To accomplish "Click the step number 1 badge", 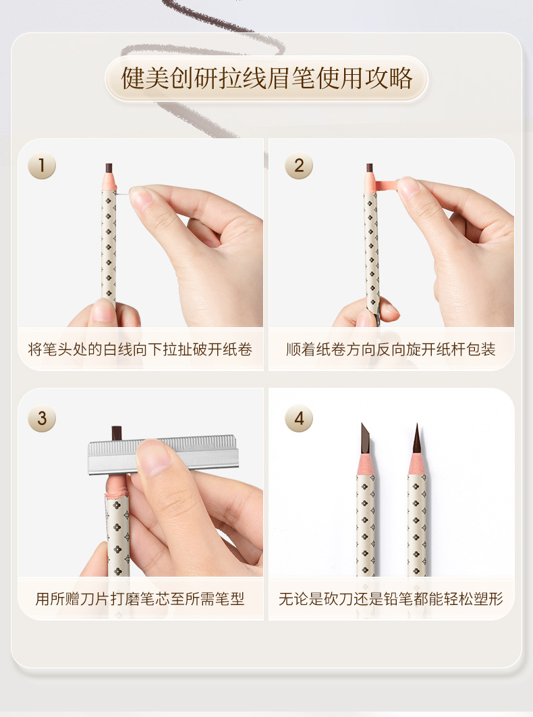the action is pyautogui.click(x=42, y=165).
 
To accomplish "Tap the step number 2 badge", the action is pyautogui.click(x=299, y=165).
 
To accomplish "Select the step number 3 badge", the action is pyautogui.click(x=42, y=418).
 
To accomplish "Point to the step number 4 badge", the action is pyautogui.click(x=299, y=418).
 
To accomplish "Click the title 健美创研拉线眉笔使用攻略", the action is pyautogui.click(x=266, y=79).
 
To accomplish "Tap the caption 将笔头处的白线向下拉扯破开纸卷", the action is pyautogui.click(x=140, y=349).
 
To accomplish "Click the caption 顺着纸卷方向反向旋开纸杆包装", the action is pyautogui.click(x=391, y=349).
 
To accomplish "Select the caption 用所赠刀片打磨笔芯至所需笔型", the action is pyautogui.click(x=140, y=598).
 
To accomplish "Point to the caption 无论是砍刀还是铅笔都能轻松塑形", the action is pyautogui.click(x=391, y=598).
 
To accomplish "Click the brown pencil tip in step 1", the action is pyautogui.click(x=109, y=168).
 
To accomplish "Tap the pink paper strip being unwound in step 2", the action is pyautogui.click(x=383, y=185).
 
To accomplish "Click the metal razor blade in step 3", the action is pyautogui.click(x=164, y=455).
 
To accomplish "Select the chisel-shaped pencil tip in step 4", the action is pyautogui.click(x=365, y=438).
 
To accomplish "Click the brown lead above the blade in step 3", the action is pyautogui.click(x=117, y=432).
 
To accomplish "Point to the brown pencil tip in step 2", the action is pyautogui.click(x=369, y=168).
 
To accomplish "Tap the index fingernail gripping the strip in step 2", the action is pyautogui.click(x=408, y=188).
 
